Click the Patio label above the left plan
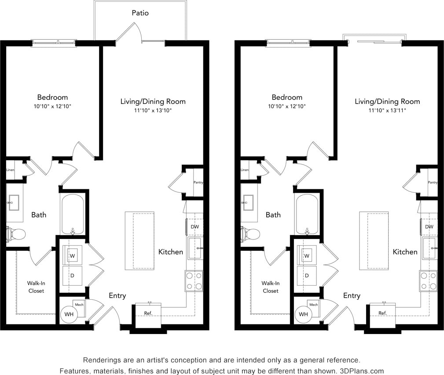[x=140, y=13]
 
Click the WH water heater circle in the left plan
[x=69, y=314]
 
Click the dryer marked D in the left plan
[x=72, y=275]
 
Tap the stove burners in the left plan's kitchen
[x=194, y=281]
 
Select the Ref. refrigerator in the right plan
[x=382, y=313]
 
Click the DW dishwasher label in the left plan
[x=194, y=227]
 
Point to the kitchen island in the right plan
[x=374, y=241]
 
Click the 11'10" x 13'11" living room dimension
[x=387, y=110]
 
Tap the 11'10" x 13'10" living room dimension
[x=153, y=110]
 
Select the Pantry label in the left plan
[x=198, y=182]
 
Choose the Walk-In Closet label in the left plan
[x=36, y=287]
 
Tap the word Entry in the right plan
[x=352, y=296]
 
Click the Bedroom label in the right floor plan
[x=287, y=97]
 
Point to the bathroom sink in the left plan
[x=13, y=203]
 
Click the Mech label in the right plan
[x=314, y=305]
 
